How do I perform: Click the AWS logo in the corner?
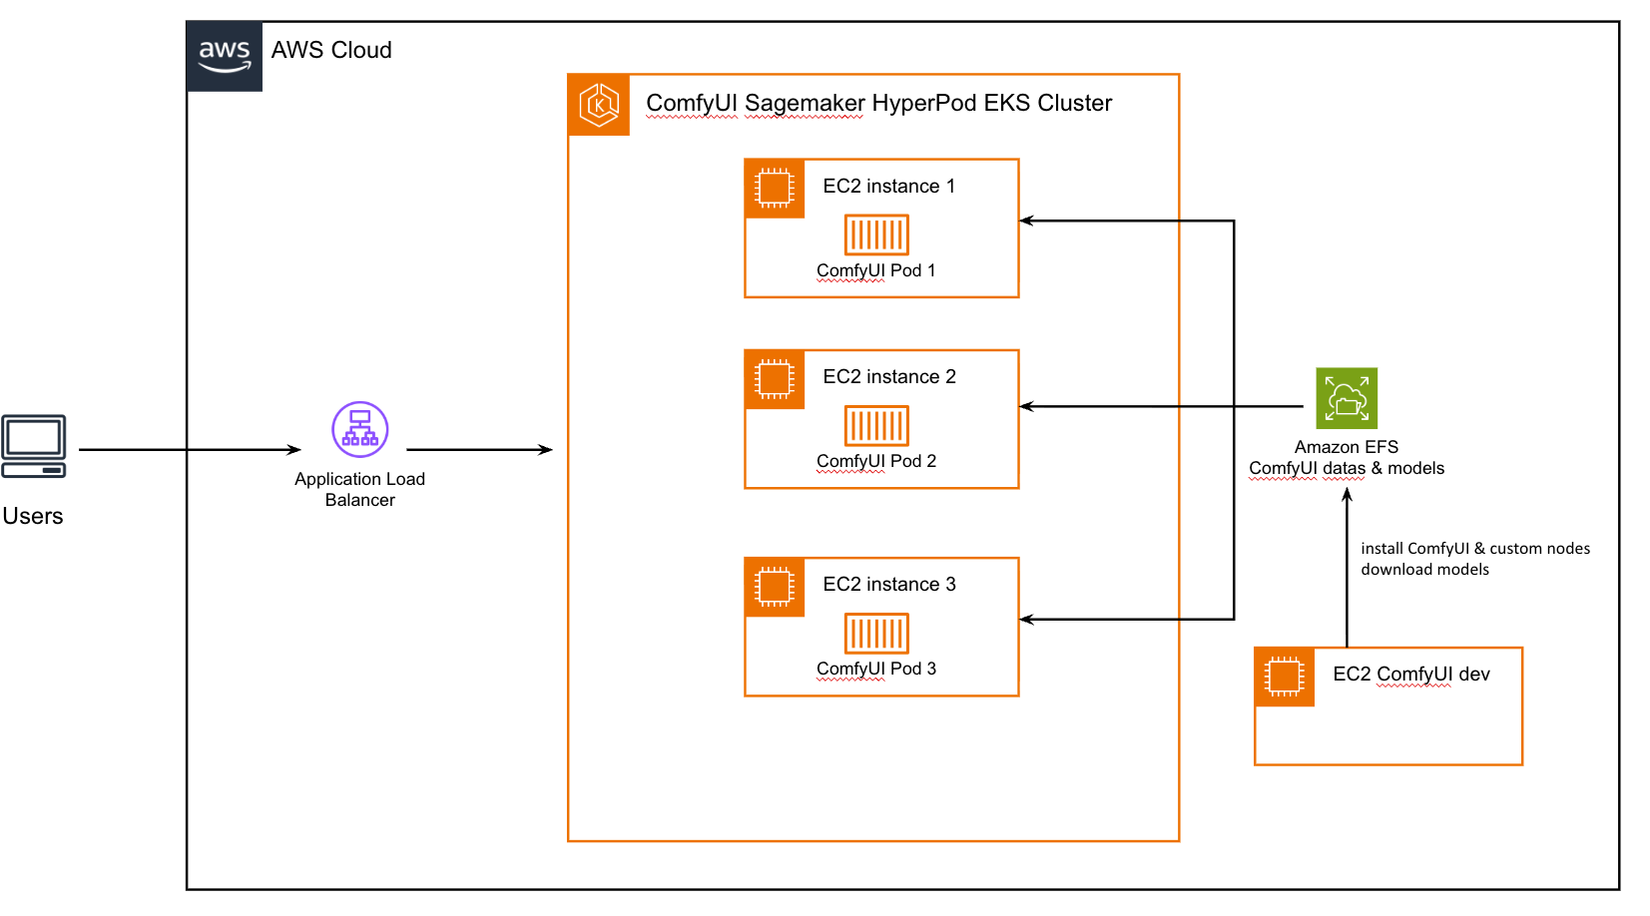click(224, 56)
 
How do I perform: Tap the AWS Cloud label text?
click(331, 51)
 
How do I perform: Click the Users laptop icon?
click(34, 446)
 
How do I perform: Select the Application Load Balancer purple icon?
click(359, 429)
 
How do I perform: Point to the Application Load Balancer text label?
click(359, 489)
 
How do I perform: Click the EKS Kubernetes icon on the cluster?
click(599, 104)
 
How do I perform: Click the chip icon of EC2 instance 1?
click(775, 188)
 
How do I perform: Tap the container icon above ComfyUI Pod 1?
click(876, 235)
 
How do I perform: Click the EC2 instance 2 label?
click(888, 376)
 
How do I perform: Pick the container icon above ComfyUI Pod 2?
click(876, 426)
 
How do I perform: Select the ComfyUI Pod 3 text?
click(876, 669)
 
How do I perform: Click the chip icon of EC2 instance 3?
click(775, 587)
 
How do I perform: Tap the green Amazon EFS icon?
click(1347, 398)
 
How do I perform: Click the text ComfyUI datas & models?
click(1347, 468)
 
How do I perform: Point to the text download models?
click(1424, 570)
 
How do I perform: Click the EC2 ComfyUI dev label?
click(1410, 674)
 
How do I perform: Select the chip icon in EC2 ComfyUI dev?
click(1285, 677)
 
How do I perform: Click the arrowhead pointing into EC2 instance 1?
click(1026, 221)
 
